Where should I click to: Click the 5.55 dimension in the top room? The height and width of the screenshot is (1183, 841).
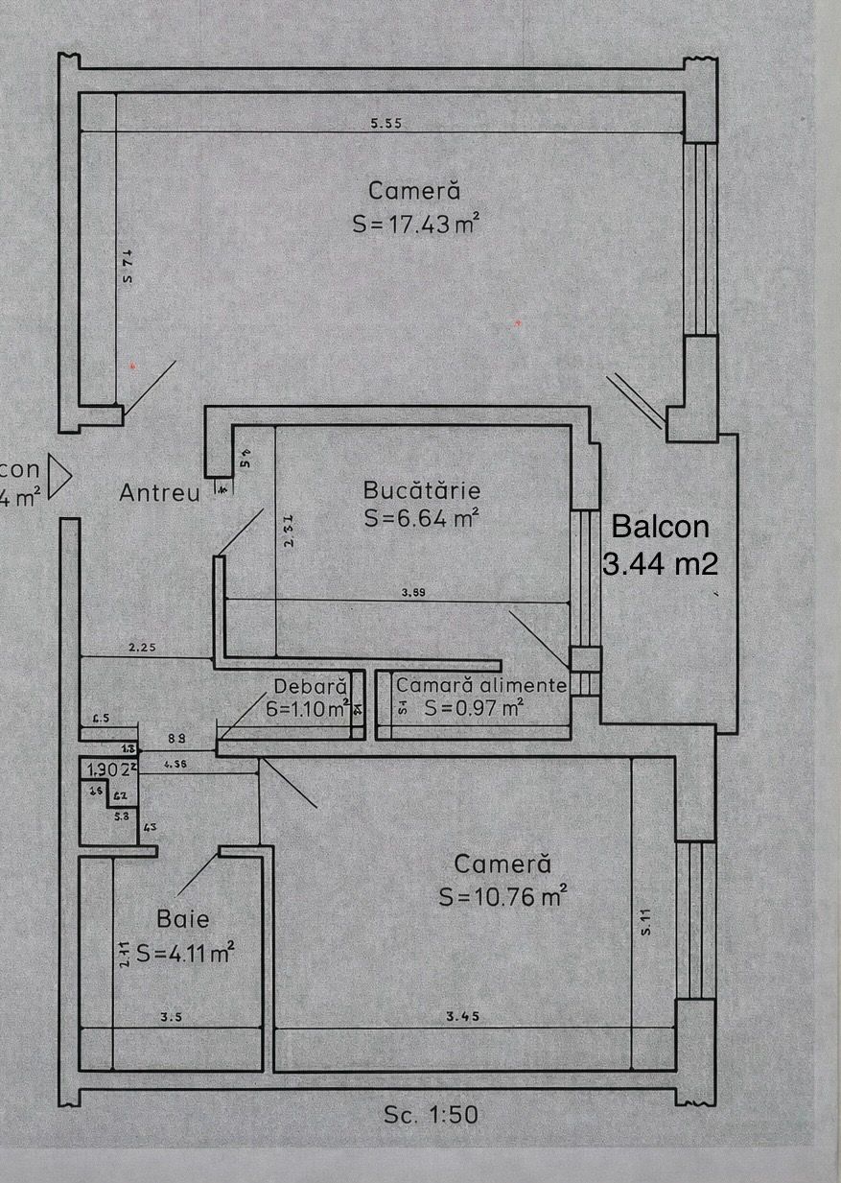pyautogui.click(x=385, y=123)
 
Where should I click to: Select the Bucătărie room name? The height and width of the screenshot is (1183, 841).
pyautogui.click(x=421, y=490)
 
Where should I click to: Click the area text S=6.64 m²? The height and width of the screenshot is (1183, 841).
pyautogui.click(x=422, y=519)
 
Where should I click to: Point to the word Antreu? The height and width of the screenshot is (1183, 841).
pyautogui.click(x=160, y=493)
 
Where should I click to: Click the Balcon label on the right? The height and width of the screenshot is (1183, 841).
pyautogui.click(x=661, y=527)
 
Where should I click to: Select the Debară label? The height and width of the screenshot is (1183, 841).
pyautogui.click(x=310, y=687)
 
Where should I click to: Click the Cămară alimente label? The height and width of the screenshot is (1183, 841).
pyautogui.click(x=481, y=686)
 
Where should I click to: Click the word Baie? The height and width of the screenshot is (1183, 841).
pyautogui.click(x=183, y=919)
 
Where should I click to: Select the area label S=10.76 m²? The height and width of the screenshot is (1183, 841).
pyautogui.click(x=502, y=897)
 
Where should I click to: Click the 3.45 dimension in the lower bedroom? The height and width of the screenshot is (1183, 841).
pyautogui.click(x=463, y=1017)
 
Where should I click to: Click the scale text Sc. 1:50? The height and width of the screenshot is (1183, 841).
pyautogui.click(x=431, y=1115)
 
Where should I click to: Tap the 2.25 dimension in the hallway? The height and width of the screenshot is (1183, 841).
pyautogui.click(x=143, y=648)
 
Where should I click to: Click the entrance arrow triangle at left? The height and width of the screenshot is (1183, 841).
pyautogui.click(x=59, y=476)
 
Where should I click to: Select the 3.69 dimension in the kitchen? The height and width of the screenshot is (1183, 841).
pyautogui.click(x=413, y=593)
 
